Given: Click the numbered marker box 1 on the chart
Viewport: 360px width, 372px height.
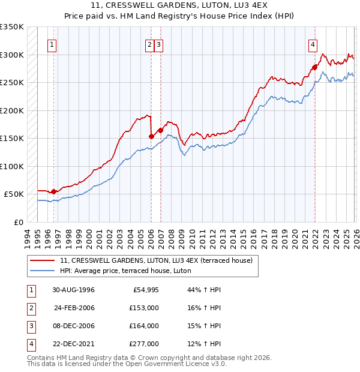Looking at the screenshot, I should (x=53, y=44).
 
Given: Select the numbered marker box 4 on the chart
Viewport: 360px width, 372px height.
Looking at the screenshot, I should (x=313, y=44).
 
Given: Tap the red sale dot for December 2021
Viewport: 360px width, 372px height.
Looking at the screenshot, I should (x=314, y=67).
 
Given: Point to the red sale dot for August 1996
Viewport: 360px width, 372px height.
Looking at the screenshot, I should (x=54, y=191).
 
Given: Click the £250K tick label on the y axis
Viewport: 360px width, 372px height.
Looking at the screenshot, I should (x=12, y=82).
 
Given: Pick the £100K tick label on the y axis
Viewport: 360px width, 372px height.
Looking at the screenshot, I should (x=12, y=166).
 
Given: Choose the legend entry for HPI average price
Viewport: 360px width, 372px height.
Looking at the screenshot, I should (x=125, y=271).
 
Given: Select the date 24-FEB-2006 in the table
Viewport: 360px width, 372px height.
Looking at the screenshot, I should (x=74, y=308).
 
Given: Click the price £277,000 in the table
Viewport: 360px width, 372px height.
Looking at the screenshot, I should (x=145, y=344).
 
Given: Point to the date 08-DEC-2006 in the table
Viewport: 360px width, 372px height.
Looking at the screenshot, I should (x=74, y=326).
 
